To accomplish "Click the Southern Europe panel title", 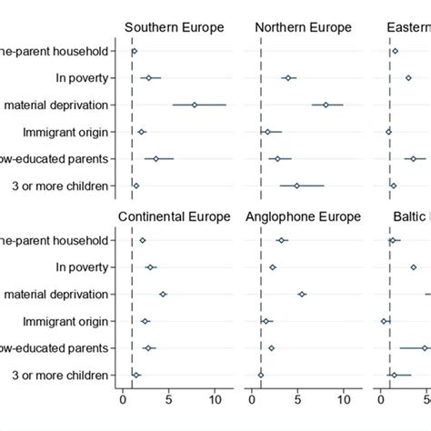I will [x=174, y=27].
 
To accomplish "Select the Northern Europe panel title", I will [x=304, y=27].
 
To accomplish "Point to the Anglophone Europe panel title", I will [x=304, y=216].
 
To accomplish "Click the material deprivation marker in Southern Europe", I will [x=195, y=105].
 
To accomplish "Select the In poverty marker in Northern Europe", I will [x=288, y=78].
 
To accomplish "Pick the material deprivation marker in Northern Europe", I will [x=326, y=105].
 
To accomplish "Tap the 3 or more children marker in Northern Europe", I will [x=296, y=185].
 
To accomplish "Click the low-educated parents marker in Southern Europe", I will [x=156, y=159].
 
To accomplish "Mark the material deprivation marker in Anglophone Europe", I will [x=302, y=294].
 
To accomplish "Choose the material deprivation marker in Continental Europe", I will [x=163, y=294].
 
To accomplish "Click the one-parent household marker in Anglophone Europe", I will [x=282, y=240].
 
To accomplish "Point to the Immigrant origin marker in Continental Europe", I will [x=145, y=321].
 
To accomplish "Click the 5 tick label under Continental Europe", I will [x=168, y=396].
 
